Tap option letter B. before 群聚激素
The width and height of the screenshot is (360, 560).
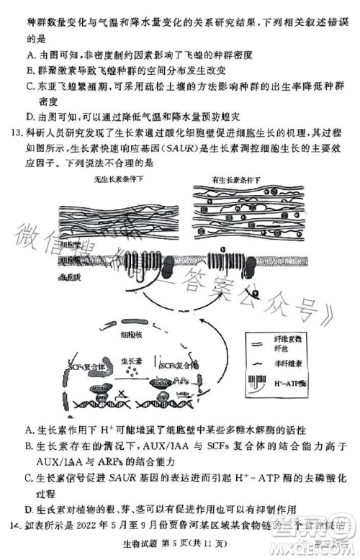pyautogui.click(x=30, y=71)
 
